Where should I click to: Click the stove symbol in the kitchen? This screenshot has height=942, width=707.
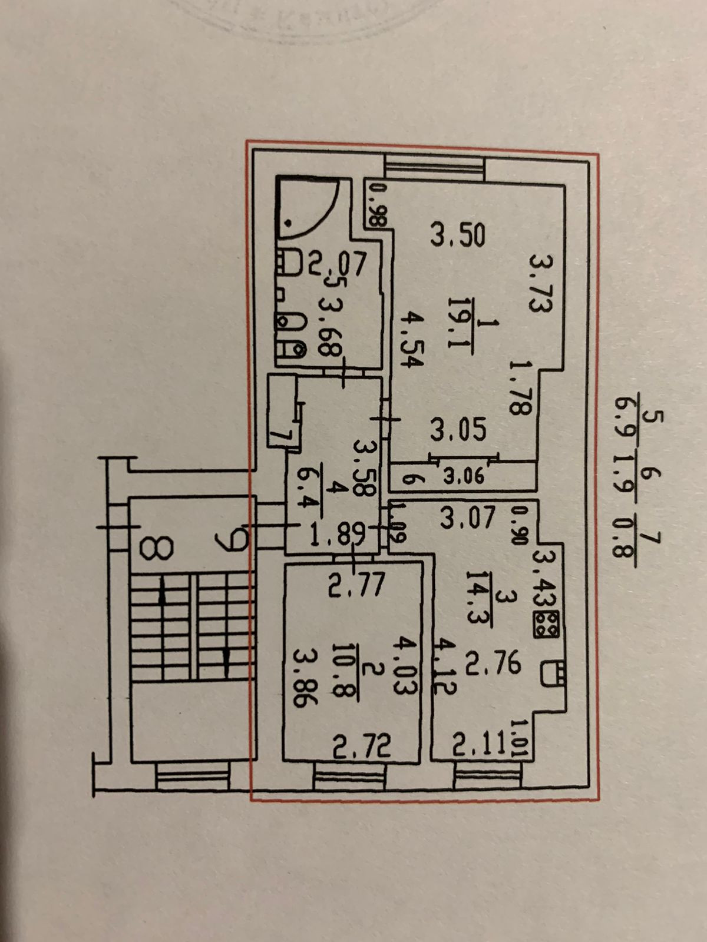[545, 623]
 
